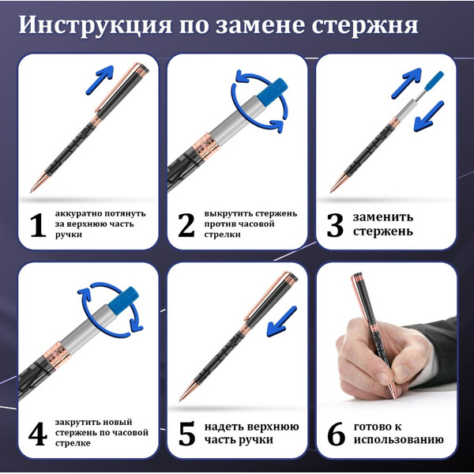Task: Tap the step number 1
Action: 36,225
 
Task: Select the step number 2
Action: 186,225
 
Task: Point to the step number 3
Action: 334,225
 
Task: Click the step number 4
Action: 36,434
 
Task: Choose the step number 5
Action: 186,434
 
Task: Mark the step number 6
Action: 335,434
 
